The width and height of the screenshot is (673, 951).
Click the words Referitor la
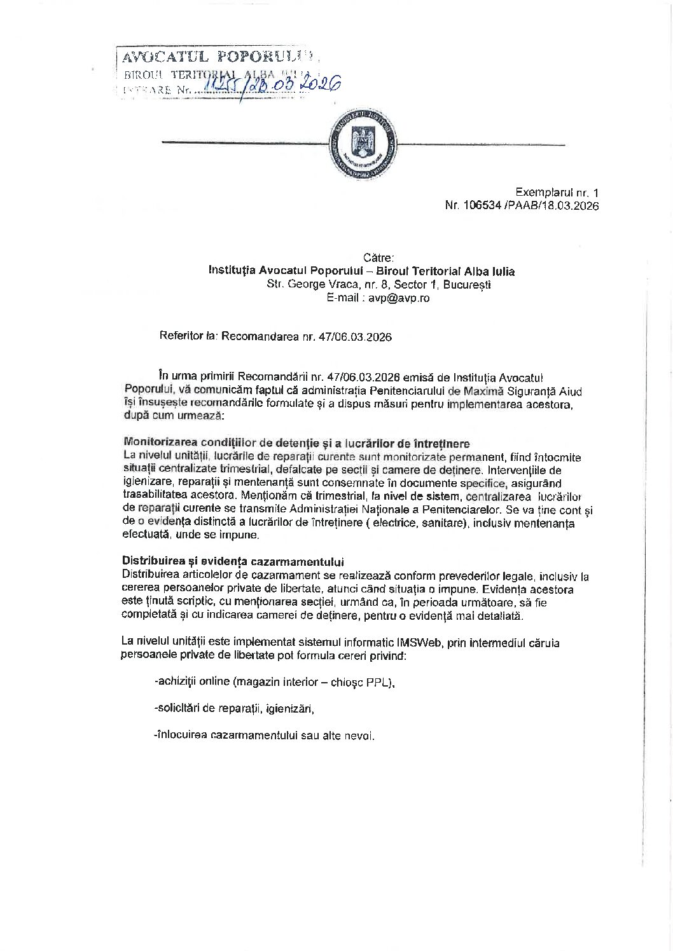click(x=189, y=337)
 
